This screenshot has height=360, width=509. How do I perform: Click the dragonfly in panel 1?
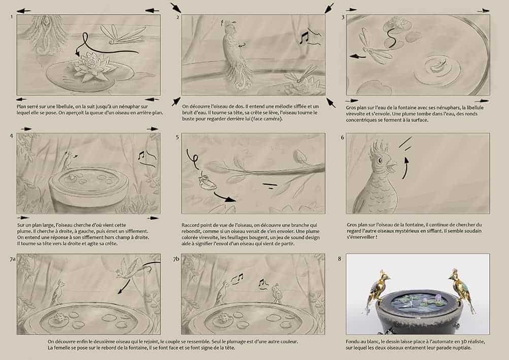pos(122,35)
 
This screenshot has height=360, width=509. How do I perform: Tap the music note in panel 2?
pos(304,38)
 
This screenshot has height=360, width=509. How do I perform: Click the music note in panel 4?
pos(141,155)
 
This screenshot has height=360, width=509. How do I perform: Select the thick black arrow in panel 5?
pos(225,197)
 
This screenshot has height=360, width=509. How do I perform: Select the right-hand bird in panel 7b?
pos(276,293)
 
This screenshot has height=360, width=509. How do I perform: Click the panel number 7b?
pos(176,259)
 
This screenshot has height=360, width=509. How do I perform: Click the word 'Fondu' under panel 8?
pos(353,342)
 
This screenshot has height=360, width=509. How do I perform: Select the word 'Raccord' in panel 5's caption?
pos(190,225)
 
